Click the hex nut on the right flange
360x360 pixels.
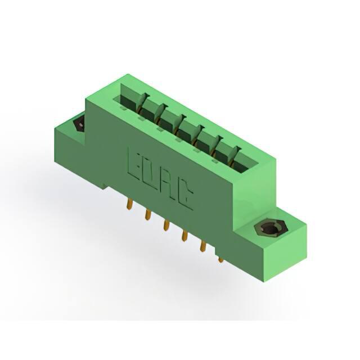coord(271,228)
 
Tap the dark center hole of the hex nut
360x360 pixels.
coord(271,229)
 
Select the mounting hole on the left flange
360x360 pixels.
coord(79,124)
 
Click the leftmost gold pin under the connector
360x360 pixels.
coord(130,204)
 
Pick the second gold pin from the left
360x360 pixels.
coord(148,214)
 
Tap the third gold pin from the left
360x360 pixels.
coord(166,225)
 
